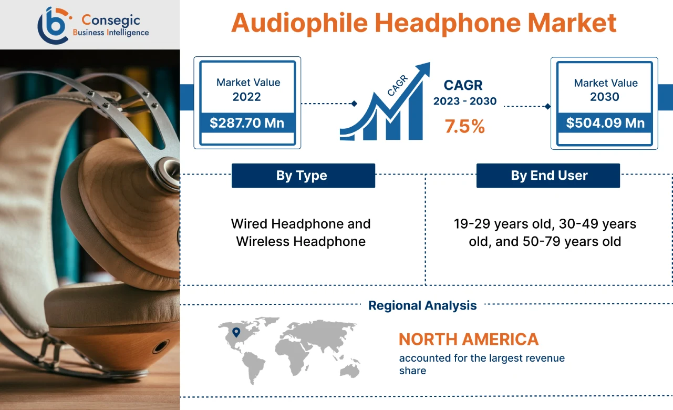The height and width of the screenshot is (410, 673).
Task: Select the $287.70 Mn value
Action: pos(247,123)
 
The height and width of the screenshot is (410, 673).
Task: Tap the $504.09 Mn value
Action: pos(605,123)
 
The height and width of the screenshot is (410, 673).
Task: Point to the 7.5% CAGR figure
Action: pos(464,126)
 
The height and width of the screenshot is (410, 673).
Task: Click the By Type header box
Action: pos(303,176)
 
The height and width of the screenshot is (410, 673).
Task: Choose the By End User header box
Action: pos(548,176)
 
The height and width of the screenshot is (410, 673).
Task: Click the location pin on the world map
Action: pos(236,332)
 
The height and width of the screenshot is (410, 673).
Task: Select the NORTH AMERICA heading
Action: pos(469,339)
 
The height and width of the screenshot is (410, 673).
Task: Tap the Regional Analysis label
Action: pos(422,305)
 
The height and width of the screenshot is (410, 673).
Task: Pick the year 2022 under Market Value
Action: pos(246,97)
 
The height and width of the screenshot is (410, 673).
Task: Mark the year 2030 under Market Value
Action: pos(604,97)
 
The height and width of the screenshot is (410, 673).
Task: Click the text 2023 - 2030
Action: pos(464,101)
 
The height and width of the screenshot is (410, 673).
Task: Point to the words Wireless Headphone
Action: pos(301,241)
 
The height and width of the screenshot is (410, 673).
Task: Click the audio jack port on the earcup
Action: pos(160,347)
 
